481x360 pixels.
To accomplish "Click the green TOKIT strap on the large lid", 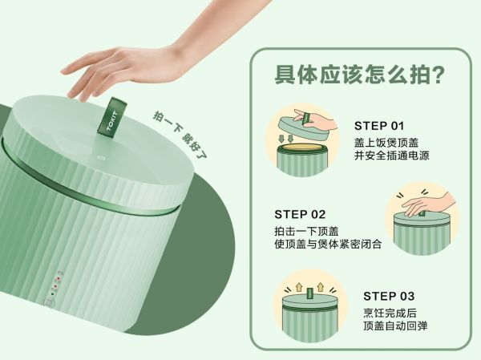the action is (112, 116).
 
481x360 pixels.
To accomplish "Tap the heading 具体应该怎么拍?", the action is (360, 75).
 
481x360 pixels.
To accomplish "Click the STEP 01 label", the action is (379, 126).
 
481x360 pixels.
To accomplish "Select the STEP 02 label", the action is (300, 214).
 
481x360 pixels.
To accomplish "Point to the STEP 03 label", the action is (389, 296).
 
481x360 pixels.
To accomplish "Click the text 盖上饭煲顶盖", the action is (386, 143).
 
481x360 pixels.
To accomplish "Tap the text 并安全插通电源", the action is (392, 156).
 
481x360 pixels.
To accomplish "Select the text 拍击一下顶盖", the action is (306, 231).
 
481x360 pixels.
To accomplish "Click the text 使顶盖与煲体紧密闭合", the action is (328, 244).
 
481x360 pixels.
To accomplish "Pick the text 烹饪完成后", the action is (390, 313).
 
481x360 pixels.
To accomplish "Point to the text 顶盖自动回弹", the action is (395, 326).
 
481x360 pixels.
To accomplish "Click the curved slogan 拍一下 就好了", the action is (180, 135).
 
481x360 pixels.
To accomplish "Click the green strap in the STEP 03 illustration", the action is (309, 293).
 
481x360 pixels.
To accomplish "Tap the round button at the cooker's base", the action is (49, 302).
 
